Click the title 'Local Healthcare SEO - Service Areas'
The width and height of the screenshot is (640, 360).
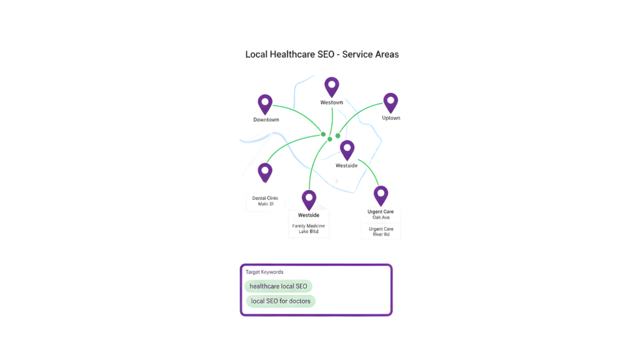point(322,54)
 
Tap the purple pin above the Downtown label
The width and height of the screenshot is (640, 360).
point(265,103)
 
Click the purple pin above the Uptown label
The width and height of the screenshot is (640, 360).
point(391,102)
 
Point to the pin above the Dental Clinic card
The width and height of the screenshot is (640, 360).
point(265,172)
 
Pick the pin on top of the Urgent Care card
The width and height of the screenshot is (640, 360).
point(381,194)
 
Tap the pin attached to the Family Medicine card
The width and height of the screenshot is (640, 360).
point(309,199)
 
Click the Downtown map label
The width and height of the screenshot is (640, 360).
point(266,119)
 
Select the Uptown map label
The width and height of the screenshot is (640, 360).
point(391,117)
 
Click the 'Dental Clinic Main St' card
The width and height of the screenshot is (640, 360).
point(265,201)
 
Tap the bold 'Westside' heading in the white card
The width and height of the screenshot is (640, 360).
point(309,215)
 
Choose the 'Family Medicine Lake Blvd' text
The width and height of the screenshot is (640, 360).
point(309,228)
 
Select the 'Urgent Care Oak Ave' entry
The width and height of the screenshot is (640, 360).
point(381,214)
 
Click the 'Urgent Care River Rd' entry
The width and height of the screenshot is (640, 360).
point(381,231)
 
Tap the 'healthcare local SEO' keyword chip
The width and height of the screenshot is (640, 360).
point(278,286)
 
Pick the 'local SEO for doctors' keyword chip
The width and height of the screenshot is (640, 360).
point(281,301)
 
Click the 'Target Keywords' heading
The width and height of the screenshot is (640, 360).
point(264,272)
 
